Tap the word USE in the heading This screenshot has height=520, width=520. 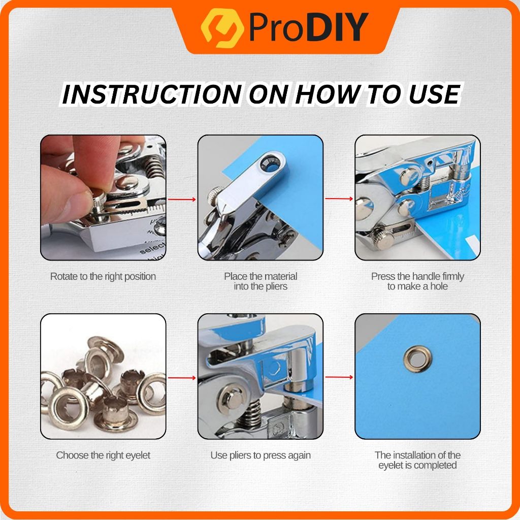click(x=434, y=94)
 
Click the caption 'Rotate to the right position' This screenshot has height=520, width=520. click(x=103, y=276)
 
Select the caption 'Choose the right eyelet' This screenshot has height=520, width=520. click(x=103, y=455)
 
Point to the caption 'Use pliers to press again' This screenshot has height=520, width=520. click(x=261, y=455)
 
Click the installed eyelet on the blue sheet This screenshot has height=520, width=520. click(x=417, y=359)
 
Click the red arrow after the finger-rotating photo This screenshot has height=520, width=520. click(x=182, y=199)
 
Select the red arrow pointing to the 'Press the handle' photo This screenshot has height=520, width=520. click(x=339, y=199)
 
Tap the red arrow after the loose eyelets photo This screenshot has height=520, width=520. click(x=182, y=378)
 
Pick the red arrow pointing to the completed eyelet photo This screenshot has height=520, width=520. click(x=339, y=377)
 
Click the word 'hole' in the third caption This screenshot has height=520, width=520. click(x=439, y=286)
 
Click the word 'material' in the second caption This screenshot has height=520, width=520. click(x=279, y=276)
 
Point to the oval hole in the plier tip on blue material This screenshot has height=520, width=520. click(x=269, y=163)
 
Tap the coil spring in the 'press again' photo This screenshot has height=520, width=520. click(x=248, y=413)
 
